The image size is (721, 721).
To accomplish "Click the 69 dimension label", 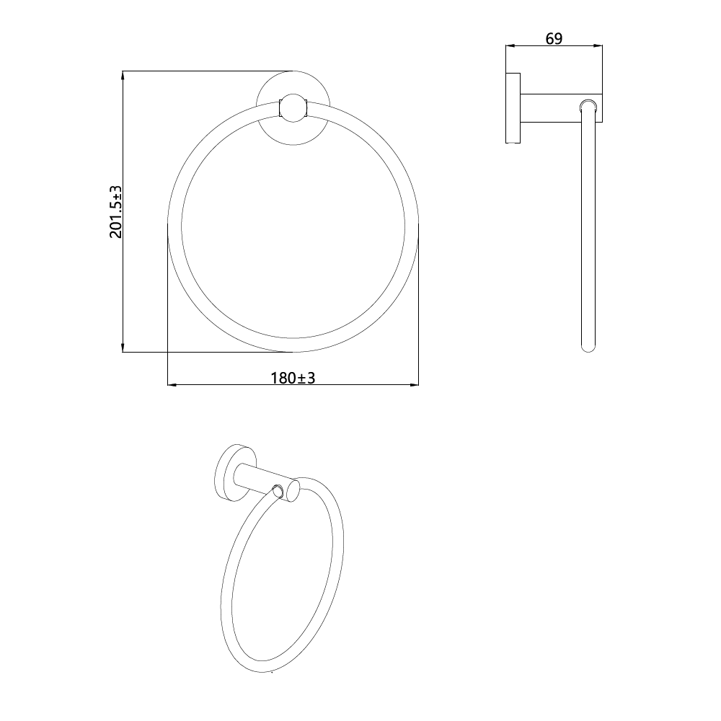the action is [x=554, y=39].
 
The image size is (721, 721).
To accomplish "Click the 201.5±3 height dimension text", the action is [x=116, y=212].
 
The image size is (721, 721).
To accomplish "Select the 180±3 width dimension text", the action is [x=293, y=378].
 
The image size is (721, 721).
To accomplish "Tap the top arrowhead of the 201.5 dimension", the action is [x=123, y=76].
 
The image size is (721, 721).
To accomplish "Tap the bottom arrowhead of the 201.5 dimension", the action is [x=123, y=347].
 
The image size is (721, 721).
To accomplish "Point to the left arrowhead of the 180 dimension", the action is [x=173, y=384].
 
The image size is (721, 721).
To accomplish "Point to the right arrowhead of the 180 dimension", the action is [x=413, y=384].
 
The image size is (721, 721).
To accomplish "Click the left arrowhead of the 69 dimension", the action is [x=511, y=45].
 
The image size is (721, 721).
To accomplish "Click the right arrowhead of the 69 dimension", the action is [x=597, y=45].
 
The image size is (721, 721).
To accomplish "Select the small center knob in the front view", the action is [x=293, y=108].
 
